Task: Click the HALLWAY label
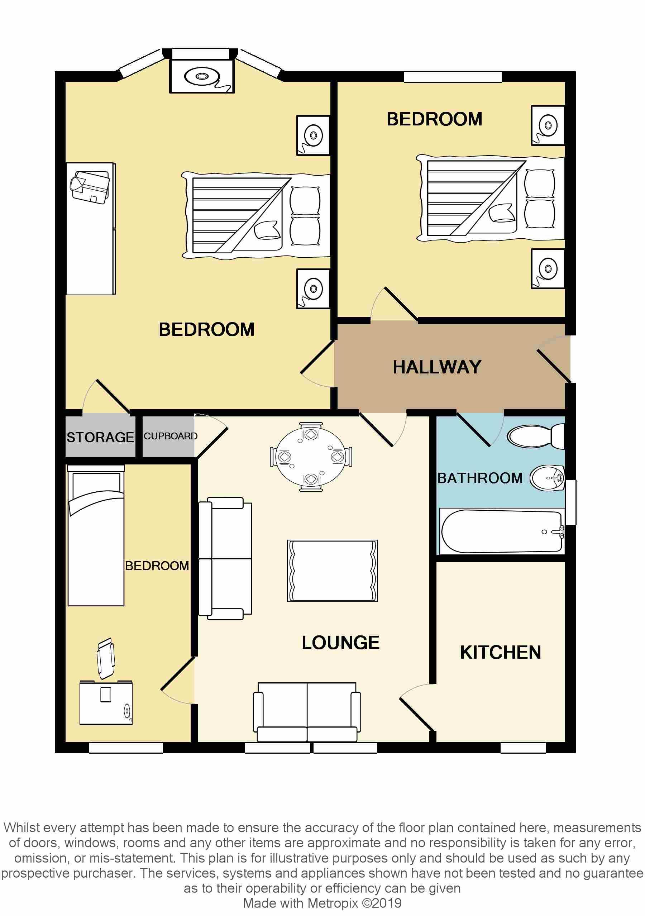[436, 367]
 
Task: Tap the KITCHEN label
[500, 652]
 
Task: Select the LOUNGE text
[340, 642]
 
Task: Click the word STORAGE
[100, 437]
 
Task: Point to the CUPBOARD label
[170, 436]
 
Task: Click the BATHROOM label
[480, 478]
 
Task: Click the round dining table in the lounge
[311, 457]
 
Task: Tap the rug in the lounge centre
[332, 571]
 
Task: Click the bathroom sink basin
[547, 478]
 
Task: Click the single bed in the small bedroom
[96, 536]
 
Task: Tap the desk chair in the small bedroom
[106, 658]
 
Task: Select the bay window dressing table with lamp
[202, 76]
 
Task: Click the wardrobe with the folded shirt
[91, 228]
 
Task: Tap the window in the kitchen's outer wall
[522, 748]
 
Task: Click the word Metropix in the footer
[333, 903]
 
